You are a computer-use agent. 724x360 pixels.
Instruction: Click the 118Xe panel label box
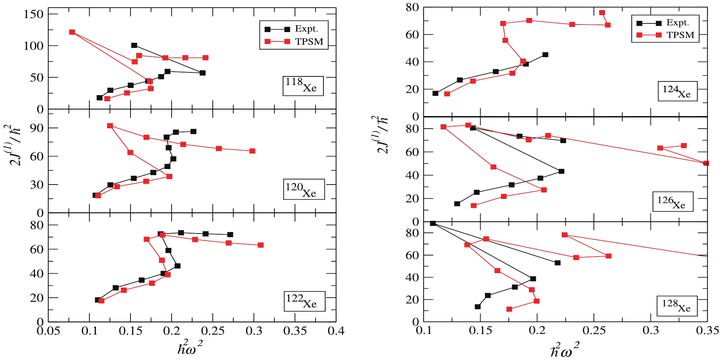click(303, 86)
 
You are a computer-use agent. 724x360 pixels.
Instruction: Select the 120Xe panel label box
click(304, 189)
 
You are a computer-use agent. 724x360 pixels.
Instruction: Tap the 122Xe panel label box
click(305, 301)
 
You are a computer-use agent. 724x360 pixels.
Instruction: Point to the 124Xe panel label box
click(677, 91)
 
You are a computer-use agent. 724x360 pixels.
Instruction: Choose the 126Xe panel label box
click(673, 202)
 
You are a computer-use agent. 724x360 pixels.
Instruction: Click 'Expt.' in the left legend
click(306, 29)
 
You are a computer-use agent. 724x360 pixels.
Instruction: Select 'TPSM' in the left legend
click(309, 42)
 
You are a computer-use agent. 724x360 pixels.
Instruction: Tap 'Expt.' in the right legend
click(677, 23)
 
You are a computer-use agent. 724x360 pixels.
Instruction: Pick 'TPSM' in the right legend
click(680, 35)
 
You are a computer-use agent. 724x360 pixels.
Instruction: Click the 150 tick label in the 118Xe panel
click(34, 14)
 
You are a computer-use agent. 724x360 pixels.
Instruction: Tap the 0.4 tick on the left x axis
click(336, 331)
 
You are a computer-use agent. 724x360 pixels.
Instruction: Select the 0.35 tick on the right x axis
click(707, 330)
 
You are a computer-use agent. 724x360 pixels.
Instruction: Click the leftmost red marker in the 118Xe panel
click(72, 32)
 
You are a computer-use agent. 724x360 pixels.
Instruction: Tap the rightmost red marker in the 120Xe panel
click(252, 151)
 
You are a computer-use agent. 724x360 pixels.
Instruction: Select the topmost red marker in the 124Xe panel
click(602, 13)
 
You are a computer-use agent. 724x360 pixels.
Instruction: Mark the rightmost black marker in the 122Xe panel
click(230, 235)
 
